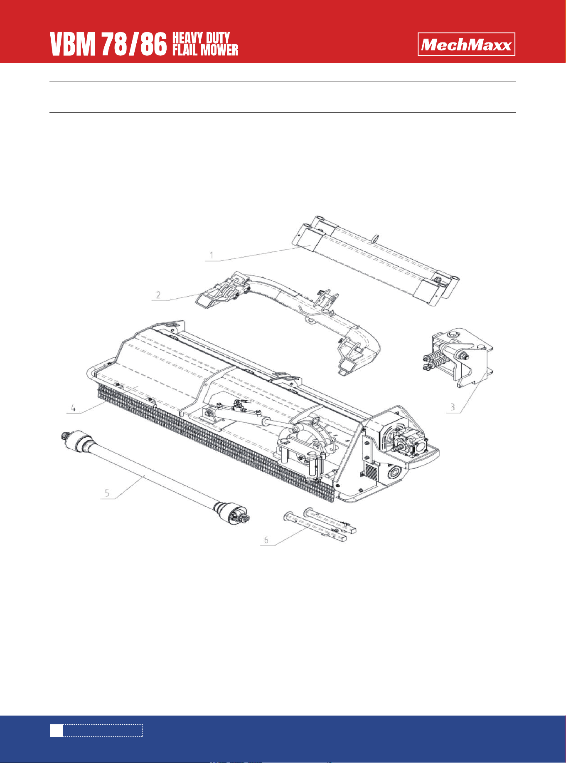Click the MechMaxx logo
(x=466, y=44)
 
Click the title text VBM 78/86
(x=108, y=45)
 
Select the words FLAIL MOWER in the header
(x=205, y=50)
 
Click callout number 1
(x=212, y=255)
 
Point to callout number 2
(x=158, y=295)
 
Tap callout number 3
(x=453, y=407)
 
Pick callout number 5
(x=107, y=493)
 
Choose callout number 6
(x=266, y=540)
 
